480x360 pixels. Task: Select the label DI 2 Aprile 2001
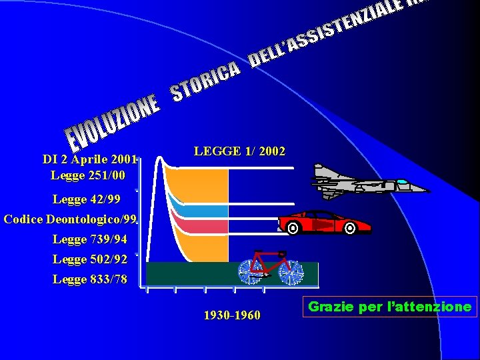[89, 159]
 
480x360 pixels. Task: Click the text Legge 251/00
[87, 175]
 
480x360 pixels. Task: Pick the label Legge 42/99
[87, 199]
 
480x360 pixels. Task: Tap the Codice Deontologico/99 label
[70, 219]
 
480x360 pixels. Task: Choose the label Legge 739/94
[89, 239]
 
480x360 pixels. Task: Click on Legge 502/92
[89, 259]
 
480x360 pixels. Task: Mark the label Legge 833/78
[89, 279]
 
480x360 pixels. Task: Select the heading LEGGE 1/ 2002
[239, 151]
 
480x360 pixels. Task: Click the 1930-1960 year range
[232, 315]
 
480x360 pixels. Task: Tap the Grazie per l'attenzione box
[390, 307]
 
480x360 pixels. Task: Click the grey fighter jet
[360, 181]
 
